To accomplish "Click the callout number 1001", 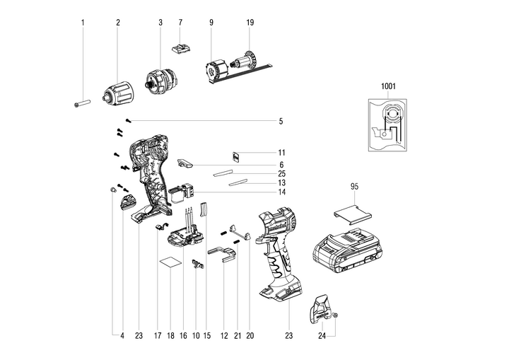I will tap(387, 86).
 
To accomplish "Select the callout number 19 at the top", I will tap(250, 23).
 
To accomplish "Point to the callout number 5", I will tap(281, 122).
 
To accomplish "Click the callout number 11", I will tap(281, 153).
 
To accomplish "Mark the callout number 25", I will tap(281, 173).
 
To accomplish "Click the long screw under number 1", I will tap(82, 103).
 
